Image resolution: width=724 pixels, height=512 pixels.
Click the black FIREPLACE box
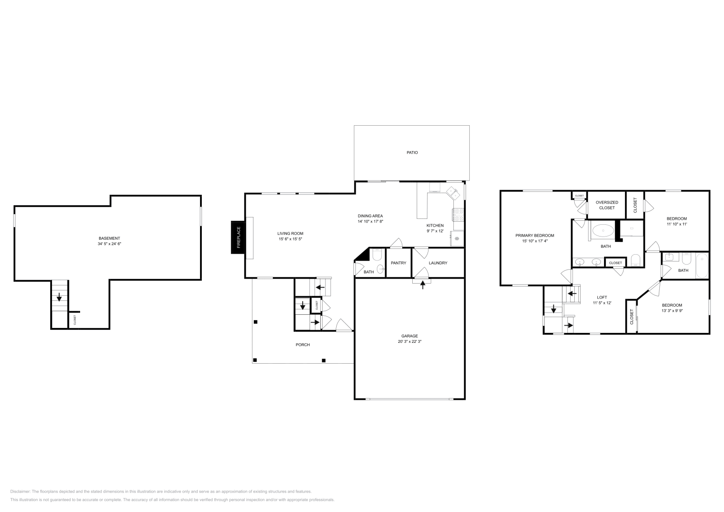click(x=238, y=237)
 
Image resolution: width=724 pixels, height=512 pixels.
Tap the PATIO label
click(x=412, y=152)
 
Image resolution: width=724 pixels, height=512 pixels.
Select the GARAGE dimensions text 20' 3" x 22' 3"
click(x=410, y=341)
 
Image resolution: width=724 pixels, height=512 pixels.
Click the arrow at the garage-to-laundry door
click(x=423, y=284)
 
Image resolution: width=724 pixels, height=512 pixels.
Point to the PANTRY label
click(x=398, y=263)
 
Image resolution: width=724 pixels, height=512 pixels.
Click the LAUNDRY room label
click(x=438, y=263)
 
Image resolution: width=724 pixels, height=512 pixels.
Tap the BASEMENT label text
click(x=109, y=238)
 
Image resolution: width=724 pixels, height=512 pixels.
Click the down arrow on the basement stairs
click(x=59, y=298)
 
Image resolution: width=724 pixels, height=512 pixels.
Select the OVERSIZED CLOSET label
click(x=607, y=205)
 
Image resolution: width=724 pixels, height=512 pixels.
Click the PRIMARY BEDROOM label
click(x=534, y=235)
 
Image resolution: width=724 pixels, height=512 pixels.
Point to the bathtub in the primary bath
click(x=602, y=231)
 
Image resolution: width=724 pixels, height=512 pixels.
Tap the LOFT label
click(x=602, y=297)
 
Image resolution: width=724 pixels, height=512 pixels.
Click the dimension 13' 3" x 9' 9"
click(x=672, y=311)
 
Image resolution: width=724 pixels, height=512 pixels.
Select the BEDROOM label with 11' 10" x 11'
click(x=676, y=218)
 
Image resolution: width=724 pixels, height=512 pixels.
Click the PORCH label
click(x=303, y=345)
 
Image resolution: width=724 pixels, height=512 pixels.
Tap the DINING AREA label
click(x=370, y=216)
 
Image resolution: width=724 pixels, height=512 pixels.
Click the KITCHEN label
click(x=435, y=225)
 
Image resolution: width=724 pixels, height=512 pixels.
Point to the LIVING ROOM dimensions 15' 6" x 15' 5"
click(x=290, y=239)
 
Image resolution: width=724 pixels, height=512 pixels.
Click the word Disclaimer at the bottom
click(x=20, y=491)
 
